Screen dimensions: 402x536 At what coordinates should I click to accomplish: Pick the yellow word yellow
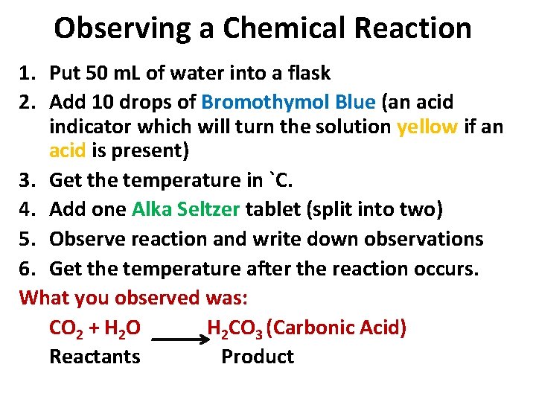tap(427, 127)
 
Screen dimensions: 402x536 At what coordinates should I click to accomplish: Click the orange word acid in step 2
tap(67, 151)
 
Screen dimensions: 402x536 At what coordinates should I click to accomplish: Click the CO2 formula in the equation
tap(66, 328)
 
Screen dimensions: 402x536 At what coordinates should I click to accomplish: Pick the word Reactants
tap(95, 357)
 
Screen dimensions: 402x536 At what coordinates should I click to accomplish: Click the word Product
tap(258, 357)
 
